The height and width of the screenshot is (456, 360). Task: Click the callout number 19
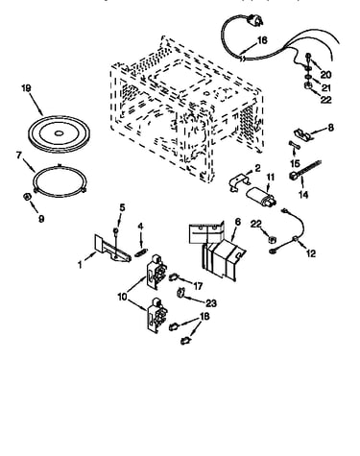point(26,88)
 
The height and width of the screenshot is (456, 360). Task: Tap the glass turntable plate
point(59,133)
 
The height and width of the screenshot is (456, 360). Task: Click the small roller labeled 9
point(27,197)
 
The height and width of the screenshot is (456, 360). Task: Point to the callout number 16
point(262,40)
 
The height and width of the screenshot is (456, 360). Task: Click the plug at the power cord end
point(256,20)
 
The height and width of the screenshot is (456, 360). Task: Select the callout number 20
point(325,75)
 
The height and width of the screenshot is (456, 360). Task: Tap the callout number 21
point(325,87)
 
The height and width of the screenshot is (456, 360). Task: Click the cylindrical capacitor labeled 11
point(261,199)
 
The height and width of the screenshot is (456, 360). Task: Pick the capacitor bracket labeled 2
point(240,182)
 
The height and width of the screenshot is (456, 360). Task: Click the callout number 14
point(303,194)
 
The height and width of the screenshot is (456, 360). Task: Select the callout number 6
point(238,222)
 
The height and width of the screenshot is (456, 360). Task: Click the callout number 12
point(311,253)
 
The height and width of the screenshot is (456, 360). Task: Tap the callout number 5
point(122,207)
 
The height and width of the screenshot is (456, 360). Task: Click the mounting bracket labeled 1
point(112,251)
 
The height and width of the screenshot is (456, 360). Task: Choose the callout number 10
point(123,297)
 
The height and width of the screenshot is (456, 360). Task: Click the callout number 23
point(211,303)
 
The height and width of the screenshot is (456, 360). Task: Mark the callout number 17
point(198,286)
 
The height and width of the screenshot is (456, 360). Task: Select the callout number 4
point(140,227)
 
